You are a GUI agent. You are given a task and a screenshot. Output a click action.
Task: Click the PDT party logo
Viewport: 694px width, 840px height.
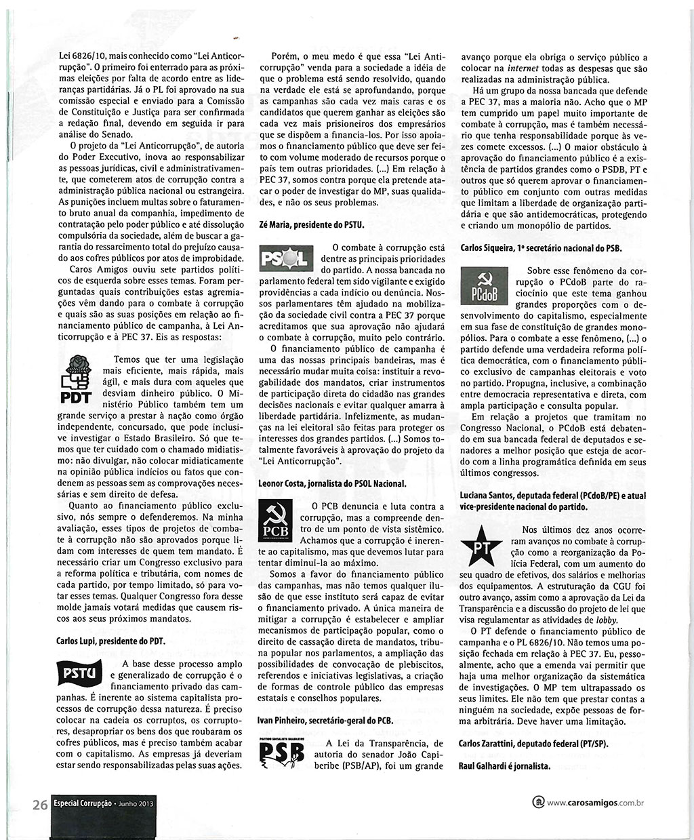(x=75, y=381)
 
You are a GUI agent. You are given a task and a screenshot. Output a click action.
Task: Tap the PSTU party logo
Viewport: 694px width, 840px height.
(x=79, y=673)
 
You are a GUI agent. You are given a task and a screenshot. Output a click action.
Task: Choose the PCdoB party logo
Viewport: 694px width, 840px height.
(x=485, y=286)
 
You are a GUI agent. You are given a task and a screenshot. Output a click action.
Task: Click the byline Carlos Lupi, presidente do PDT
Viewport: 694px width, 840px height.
(x=111, y=640)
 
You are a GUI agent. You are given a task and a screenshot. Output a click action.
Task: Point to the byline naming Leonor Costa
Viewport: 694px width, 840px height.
(x=332, y=483)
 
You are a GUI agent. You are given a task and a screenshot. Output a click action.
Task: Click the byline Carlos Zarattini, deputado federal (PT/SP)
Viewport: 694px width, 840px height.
(x=533, y=744)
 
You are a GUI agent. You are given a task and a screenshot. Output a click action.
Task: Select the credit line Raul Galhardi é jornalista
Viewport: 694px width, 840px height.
(x=505, y=767)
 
